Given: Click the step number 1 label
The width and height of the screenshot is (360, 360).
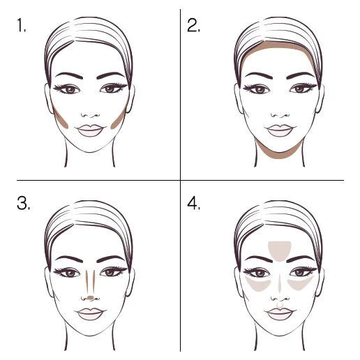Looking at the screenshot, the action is (22, 25).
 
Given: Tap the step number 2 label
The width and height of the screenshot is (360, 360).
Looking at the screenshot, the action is (193, 25).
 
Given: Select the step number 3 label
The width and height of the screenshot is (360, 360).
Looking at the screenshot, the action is (23, 203).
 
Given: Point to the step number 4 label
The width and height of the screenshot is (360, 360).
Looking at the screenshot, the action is (193, 203).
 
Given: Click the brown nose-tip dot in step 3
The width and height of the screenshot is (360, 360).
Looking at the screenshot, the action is (91, 297).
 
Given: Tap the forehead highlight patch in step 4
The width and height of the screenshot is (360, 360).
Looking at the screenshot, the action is (280, 250).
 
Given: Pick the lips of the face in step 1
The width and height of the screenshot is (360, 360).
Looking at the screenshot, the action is (90, 130).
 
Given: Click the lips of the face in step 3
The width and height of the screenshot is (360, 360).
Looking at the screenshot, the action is (90, 314).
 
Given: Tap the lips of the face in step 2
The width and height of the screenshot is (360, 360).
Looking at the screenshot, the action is (280, 130).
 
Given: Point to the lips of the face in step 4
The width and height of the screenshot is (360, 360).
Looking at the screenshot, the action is (280, 314).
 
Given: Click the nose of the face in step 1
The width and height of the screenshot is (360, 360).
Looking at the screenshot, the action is (91, 115).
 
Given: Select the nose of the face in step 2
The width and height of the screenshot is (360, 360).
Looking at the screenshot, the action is (280, 115).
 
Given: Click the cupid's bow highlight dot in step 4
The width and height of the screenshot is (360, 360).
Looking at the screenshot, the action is (280, 306).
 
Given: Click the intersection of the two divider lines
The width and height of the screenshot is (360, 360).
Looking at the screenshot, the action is (180, 180).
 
